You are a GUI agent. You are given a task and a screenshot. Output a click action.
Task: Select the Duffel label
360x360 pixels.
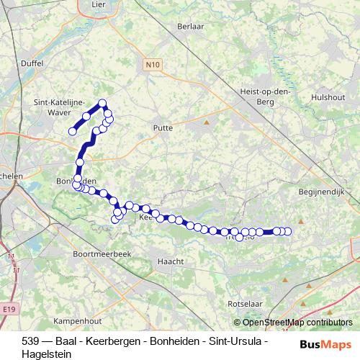(33, 63)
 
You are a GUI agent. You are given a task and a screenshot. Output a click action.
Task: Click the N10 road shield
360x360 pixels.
(150, 65)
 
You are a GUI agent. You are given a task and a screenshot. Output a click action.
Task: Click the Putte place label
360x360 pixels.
(163, 127)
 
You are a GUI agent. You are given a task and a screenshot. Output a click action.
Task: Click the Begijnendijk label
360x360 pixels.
(321, 192)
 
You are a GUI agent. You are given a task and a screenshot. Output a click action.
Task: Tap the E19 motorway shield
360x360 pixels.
(8, 308)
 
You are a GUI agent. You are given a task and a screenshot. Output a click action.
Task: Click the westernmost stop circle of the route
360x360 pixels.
(72, 131)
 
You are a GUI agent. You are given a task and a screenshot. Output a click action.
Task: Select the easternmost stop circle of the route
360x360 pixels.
(289, 231)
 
